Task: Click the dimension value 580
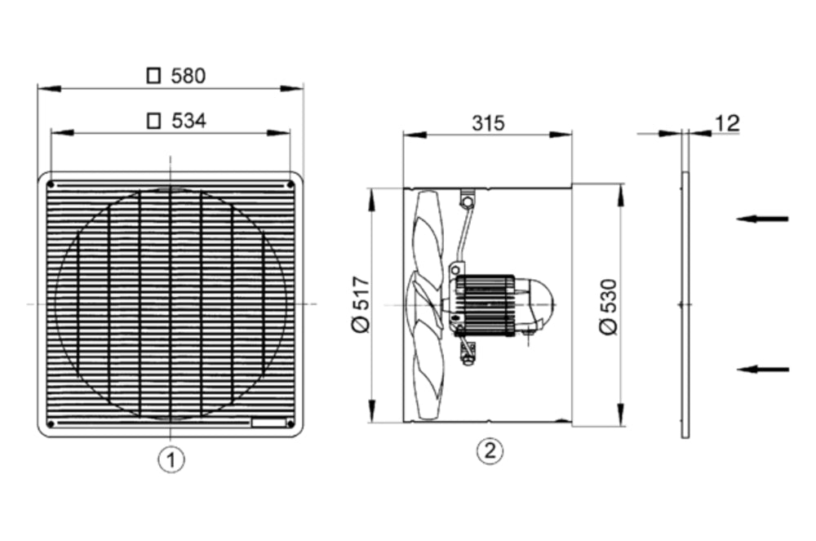188,76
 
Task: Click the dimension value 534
188,121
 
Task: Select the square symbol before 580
153,76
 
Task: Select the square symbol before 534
153,121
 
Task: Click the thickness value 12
725,123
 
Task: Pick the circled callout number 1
171,459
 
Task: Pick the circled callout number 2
489,450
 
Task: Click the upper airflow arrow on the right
762,219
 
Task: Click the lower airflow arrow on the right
762,370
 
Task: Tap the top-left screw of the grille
51,184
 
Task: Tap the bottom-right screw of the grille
290,423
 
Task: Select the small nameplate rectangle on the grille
268,423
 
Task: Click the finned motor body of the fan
486,304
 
